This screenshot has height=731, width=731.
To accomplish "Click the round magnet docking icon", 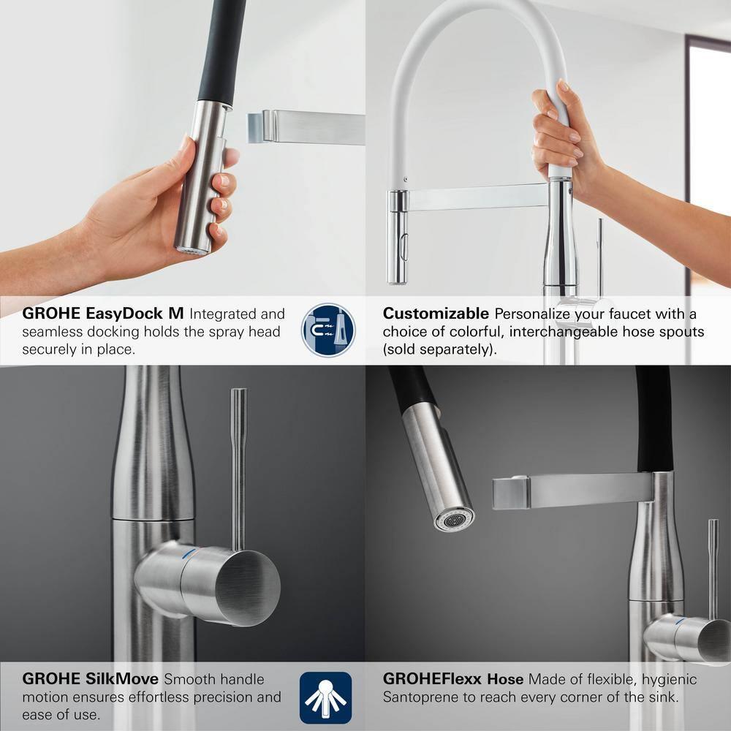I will click(x=328, y=330).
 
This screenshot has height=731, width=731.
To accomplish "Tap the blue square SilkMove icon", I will click(x=326, y=697).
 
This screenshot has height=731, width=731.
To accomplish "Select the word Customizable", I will click(x=436, y=314).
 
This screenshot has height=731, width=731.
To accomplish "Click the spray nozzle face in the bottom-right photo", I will click(x=454, y=520).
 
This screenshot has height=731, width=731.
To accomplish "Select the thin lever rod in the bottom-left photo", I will click(x=238, y=468).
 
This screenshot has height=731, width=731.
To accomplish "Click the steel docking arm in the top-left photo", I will click(x=307, y=127).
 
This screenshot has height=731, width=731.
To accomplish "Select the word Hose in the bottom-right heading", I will click(x=505, y=680).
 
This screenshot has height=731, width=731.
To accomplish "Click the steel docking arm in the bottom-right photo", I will click(x=570, y=491).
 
